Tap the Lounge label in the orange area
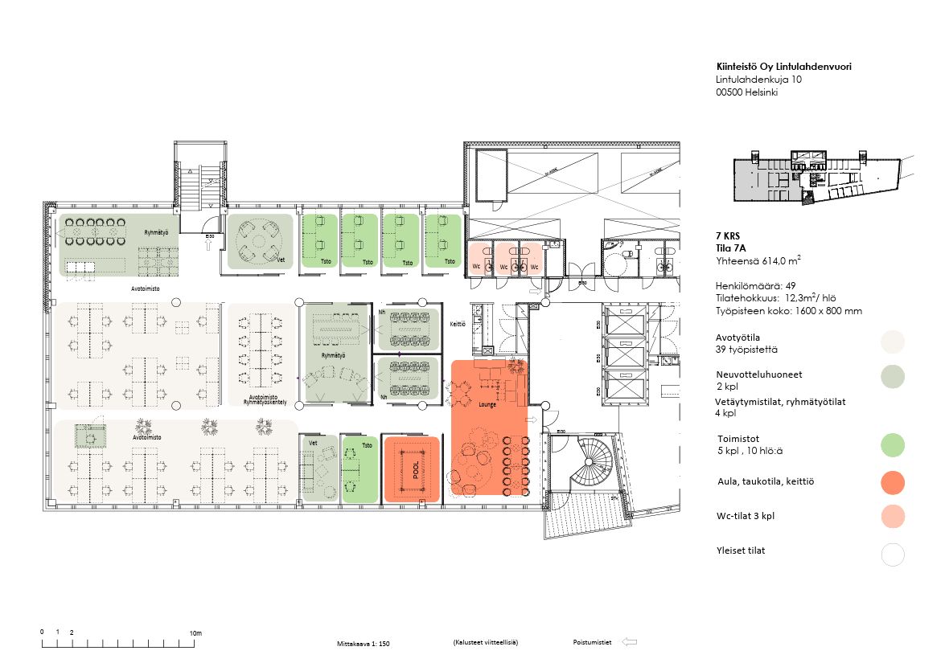pyautogui.click(x=487, y=404)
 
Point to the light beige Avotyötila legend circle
pyautogui.click(x=893, y=342)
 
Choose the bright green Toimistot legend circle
pyautogui.click(x=893, y=444)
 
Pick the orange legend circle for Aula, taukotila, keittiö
pyautogui.click(x=893, y=482)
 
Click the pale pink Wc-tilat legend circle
pyautogui.click(x=893, y=517)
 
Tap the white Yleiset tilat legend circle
pyautogui.click(x=893, y=555)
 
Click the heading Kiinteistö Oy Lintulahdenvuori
pyautogui.click(x=783, y=67)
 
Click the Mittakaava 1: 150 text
pyautogui.click(x=364, y=644)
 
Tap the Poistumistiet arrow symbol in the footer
pyautogui.click(x=631, y=642)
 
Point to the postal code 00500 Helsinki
pyautogui.click(x=746, y=92)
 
